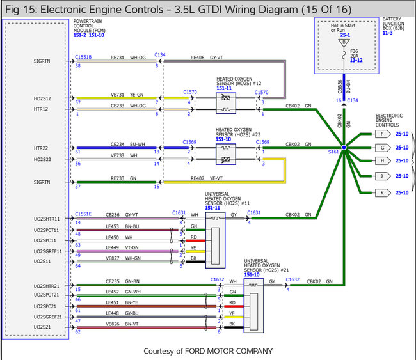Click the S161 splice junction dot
tap(344, 148)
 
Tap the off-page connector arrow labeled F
tap(383, 134)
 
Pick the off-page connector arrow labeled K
tap(383, 191)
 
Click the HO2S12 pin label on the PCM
tap(43, 98)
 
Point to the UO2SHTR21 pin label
tap(47, 286)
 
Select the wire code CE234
tap(117, 145)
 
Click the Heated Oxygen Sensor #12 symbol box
tap(225, 103)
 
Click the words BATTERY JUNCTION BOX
tap(395, 24)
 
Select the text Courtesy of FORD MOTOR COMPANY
tap(208, 350)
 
